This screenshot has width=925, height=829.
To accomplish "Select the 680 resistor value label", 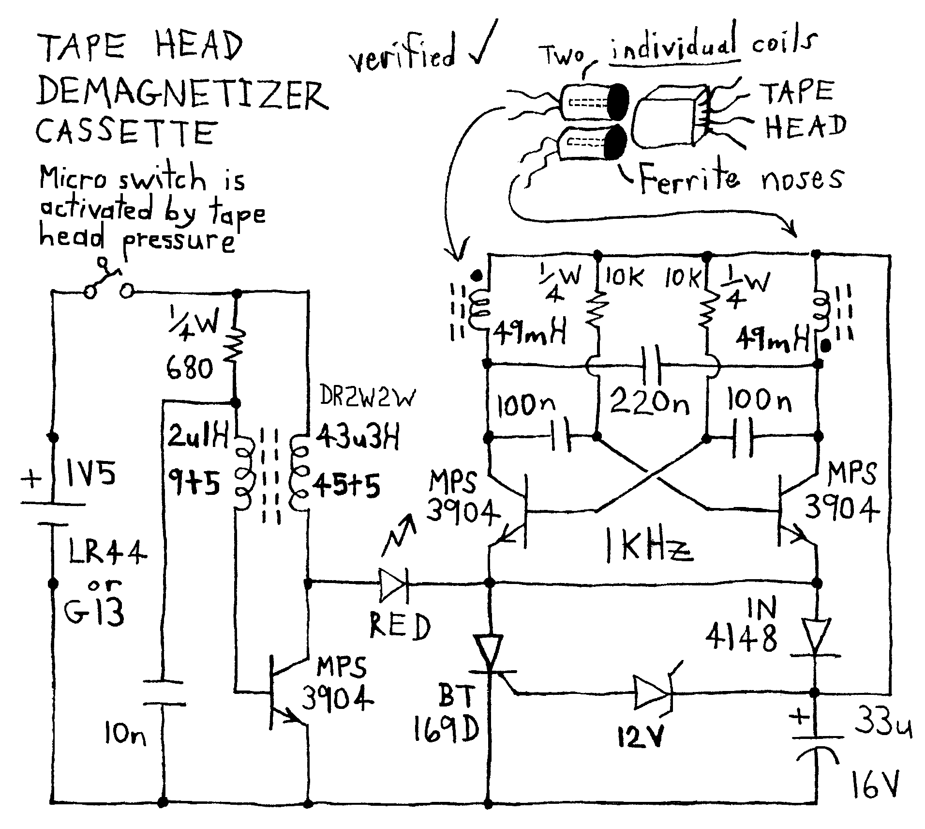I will click(x=190, y=370).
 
